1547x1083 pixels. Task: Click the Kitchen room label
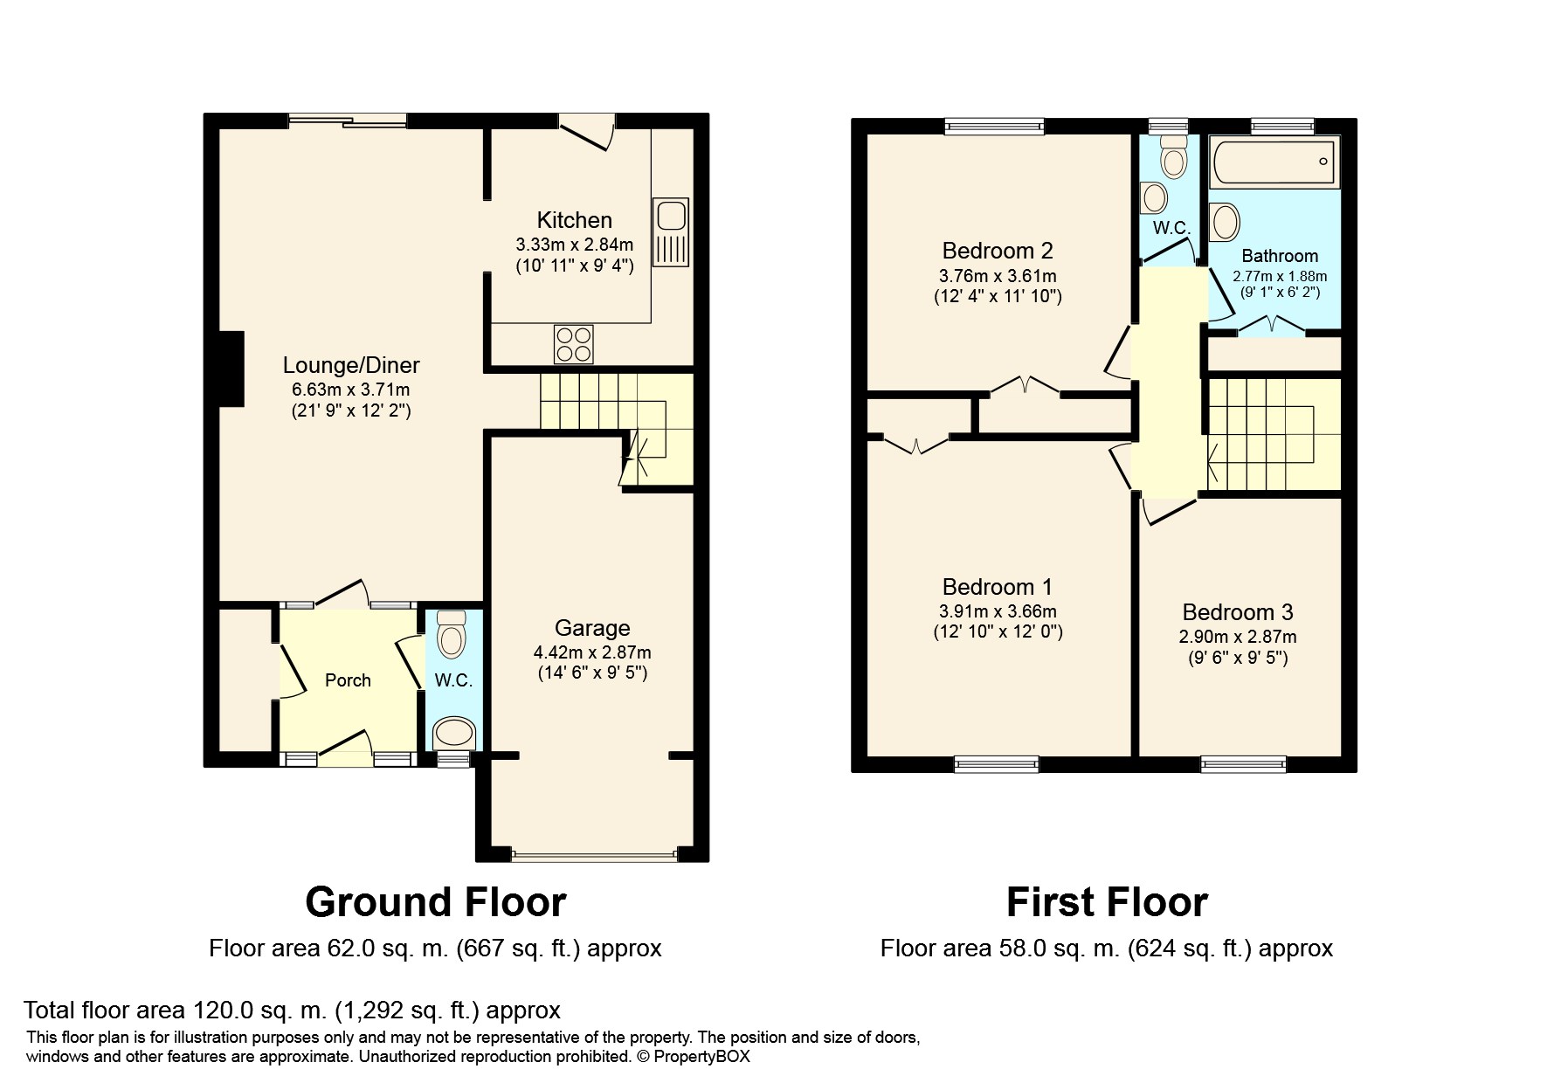[574, 220]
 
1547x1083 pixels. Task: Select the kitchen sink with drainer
[671, 231]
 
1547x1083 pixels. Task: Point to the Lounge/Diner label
[351, 365]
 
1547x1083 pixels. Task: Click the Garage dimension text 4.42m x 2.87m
[592, 652]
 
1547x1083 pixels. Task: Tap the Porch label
[348, 680]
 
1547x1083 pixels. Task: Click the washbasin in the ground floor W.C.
[455, 733]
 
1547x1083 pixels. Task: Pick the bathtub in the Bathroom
[1274, 163]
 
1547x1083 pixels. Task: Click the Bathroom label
[1280, 256]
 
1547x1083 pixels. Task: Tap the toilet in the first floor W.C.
[1172, 156]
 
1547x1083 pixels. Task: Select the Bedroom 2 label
[998, 251]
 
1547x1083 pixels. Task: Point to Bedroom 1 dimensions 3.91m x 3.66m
[998, 611]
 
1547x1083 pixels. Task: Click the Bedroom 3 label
[1238, 612]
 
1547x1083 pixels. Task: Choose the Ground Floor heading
[436, 902]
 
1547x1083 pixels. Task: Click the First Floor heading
[1107, 902]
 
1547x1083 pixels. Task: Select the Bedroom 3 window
[1244, 765]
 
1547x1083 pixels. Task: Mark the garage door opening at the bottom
[594, 855]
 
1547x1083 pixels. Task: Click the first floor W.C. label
[1171, 228]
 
